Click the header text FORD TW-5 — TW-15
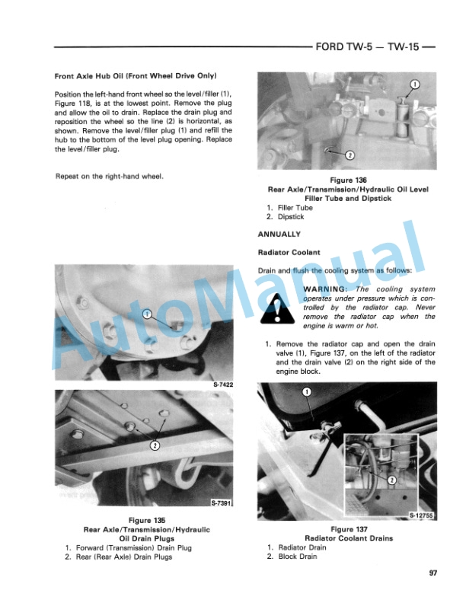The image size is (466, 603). coord(372,45)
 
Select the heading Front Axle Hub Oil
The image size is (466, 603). coord(136,76)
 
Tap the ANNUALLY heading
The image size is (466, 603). coord(279,234)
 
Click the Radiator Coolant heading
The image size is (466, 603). coord(288,252)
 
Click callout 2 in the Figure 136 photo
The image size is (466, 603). coord(349,155)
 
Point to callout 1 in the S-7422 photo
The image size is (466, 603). coord(147,314)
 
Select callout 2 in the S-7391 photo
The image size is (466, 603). coord(155,445)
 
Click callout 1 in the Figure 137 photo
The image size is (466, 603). coord(306,393)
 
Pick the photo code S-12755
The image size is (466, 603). coord(421,515)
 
